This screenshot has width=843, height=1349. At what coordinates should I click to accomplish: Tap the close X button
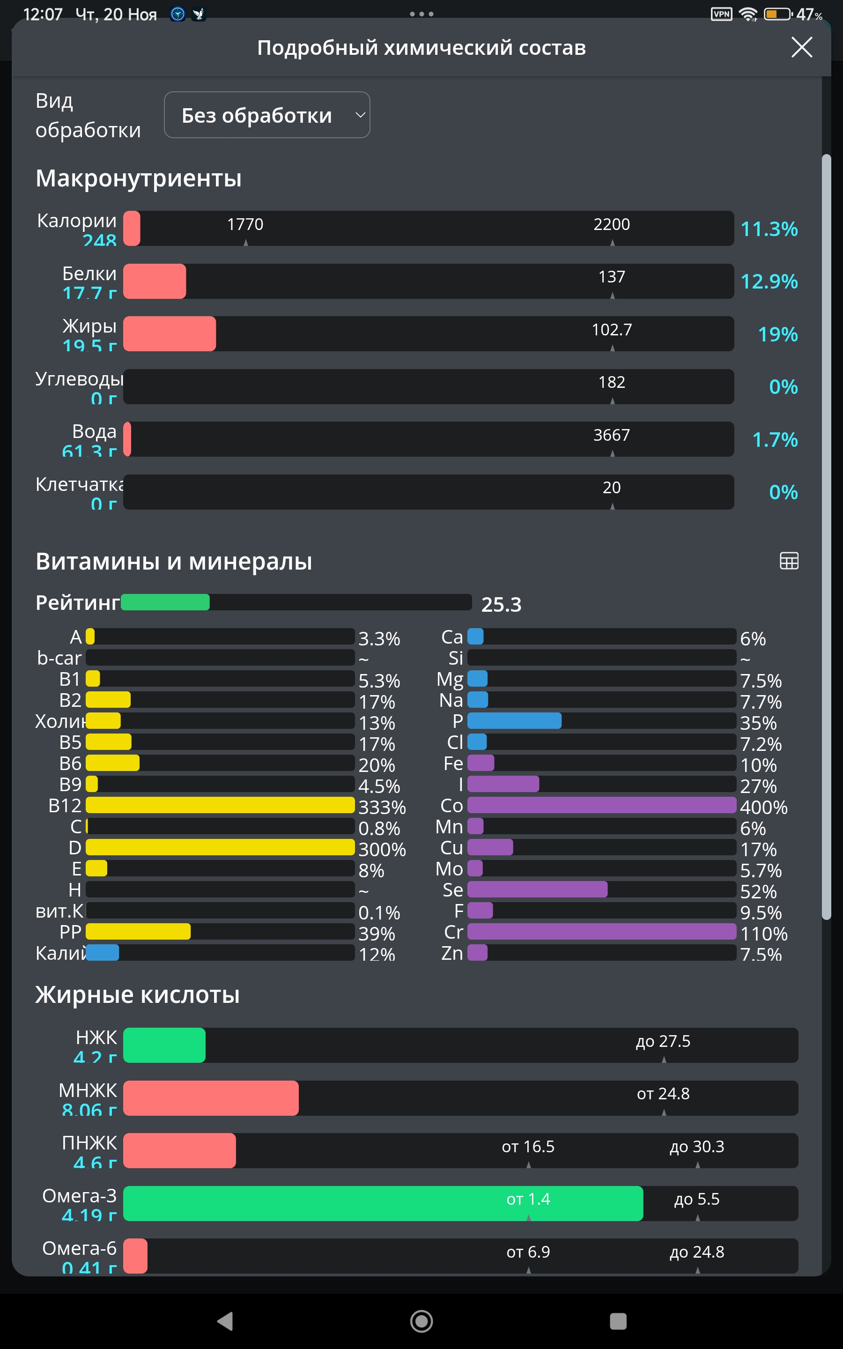click(x=801, y=47)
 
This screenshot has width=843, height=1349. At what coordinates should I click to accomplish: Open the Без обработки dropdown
click(x=267, y=115)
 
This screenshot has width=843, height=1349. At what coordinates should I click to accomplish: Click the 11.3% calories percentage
click(x=769, y=229)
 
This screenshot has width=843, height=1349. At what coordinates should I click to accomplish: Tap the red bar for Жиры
click(x=170, y=334)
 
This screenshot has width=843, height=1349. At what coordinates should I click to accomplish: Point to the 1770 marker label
click(x=245, y=224)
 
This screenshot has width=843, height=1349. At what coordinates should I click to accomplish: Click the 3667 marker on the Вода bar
click(x=612, y=435)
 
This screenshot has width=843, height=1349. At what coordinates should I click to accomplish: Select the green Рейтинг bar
click(x=165, y=602)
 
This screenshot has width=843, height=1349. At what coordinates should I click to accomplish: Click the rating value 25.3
click(x=501, y=605)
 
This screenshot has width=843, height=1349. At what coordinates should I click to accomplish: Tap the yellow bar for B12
click(x=220, y=805)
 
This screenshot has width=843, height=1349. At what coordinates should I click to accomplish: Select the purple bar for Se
click(x=537, y=889)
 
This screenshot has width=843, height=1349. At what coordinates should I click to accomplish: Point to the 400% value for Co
click(x=763, y=807)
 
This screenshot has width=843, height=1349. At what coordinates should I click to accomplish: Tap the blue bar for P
click(x=514, y=721)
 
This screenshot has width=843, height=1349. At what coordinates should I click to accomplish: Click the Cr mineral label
click(x=453, y=932)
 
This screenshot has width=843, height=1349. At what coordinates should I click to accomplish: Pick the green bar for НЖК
click(x=164, y=1045)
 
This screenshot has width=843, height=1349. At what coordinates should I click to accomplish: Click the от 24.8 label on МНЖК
click(x=663, y=1094)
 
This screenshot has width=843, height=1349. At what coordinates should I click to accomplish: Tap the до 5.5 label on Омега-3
click(x=697, y=1199)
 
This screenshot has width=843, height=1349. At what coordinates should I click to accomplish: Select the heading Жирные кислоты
click(x=137, y=995)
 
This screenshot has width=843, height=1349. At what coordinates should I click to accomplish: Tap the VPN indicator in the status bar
click(x=721, y=14)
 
